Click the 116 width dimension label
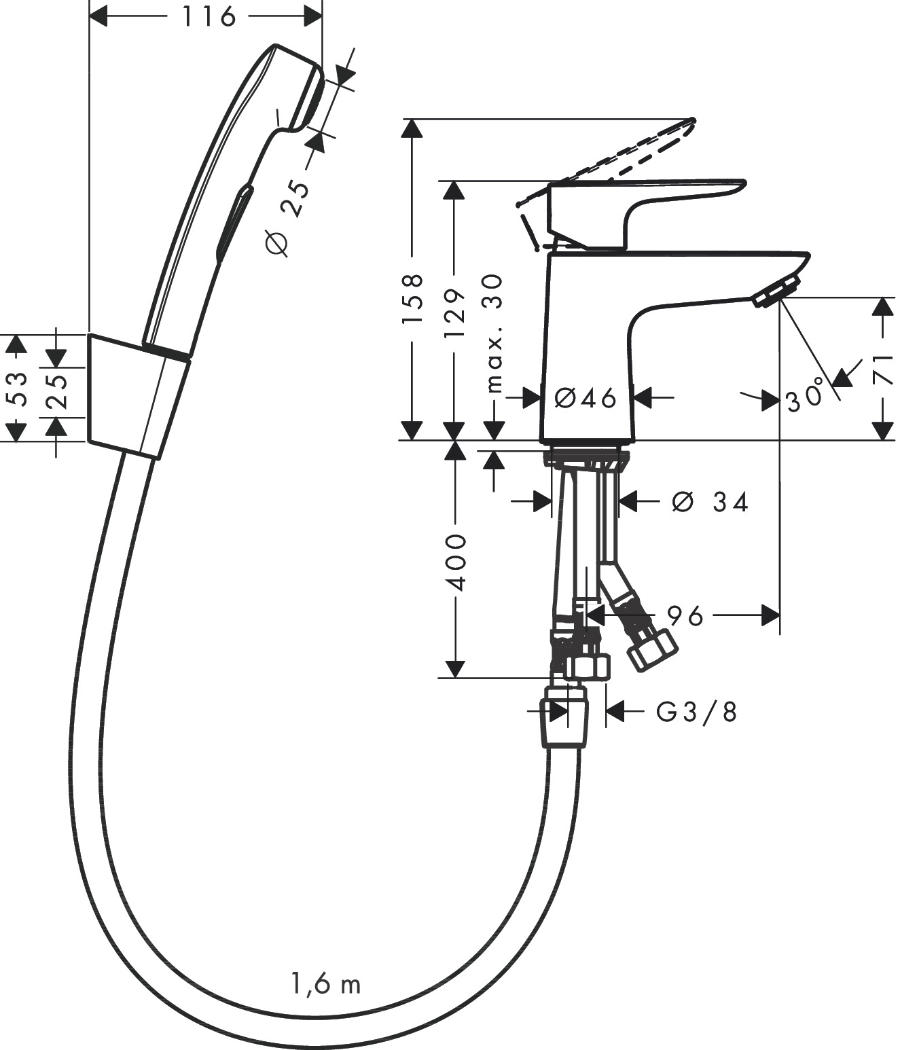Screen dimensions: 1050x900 [x=209, y=16]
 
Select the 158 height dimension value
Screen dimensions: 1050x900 [x=412, y=299]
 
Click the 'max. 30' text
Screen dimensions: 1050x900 [x=495, y=333]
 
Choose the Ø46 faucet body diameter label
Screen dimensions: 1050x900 [x=586, y=398]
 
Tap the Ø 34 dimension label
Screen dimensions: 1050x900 [x=710, y=502]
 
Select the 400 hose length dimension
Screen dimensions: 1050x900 [x=454, y=562]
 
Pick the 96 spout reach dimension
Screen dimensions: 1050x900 [x=684, y=616]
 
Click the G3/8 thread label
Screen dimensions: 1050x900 [x=696, y=712]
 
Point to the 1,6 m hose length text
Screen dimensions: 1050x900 [x=326, y=984]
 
